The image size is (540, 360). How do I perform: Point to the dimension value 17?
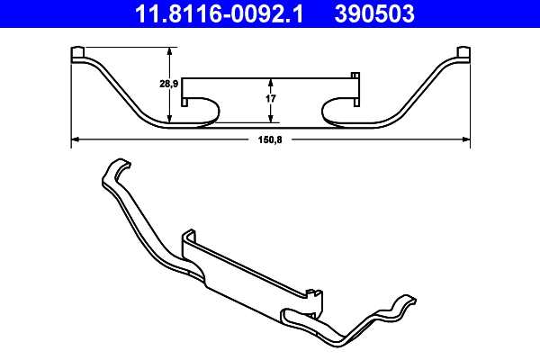[270, 96]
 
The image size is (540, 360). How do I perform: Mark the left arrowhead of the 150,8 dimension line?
[74, 139]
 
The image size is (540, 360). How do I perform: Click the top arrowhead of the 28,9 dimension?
[170, 50]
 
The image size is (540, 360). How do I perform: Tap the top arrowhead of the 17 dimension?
[271, 79]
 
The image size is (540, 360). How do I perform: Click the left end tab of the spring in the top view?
[77, 55]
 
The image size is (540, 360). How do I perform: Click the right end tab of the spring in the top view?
[463, 55]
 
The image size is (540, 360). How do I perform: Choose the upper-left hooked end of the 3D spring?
[114, 170]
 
